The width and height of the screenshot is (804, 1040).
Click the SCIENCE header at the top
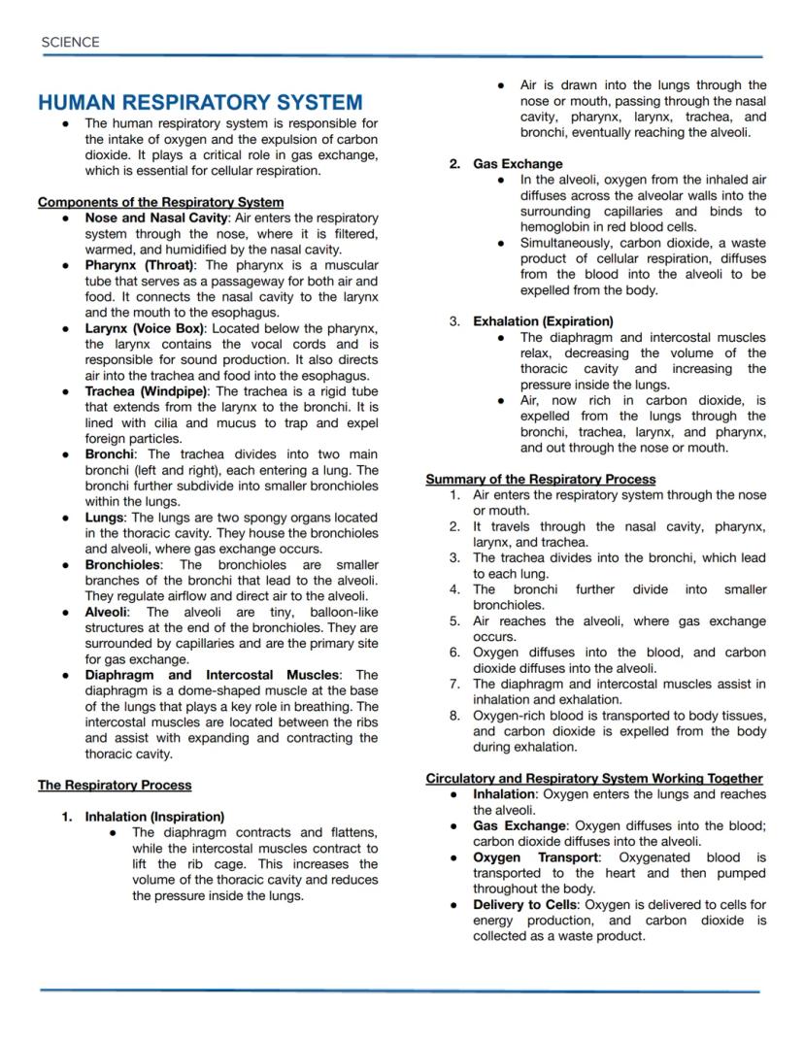pos(71,42)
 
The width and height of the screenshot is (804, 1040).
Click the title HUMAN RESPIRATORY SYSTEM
pos(200,102)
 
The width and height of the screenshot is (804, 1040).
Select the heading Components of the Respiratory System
pos(160,202)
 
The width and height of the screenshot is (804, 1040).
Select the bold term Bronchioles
pos(123,564)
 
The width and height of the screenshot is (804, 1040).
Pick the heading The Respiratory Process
pos(115,785)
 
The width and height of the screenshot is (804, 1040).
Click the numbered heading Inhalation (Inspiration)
pos(154,817)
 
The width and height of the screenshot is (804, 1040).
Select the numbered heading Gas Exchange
pos(518,164)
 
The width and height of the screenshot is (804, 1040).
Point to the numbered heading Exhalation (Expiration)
pos(543,321)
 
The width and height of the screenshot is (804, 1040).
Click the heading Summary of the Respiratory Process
pos(541,479)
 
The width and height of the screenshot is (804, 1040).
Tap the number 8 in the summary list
pos(453,716)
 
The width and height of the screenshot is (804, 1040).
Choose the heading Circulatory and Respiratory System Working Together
pos(594,778)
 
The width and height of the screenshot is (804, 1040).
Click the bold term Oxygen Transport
pos(536,857)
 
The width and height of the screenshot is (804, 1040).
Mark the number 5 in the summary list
pos(453,621)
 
